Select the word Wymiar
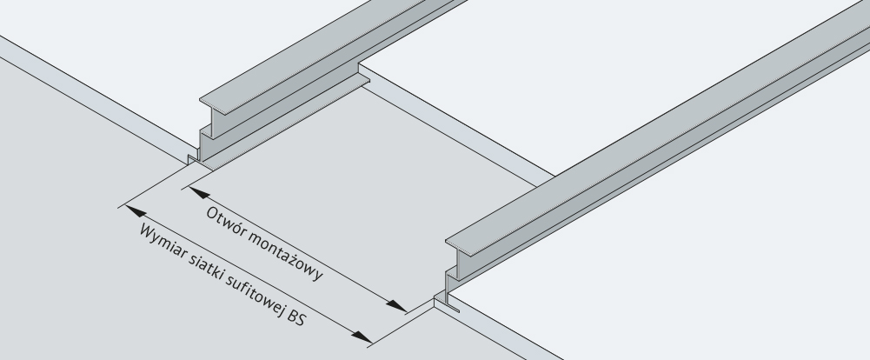pyautogui.click(x=163, y=240)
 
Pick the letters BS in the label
pyautogui.click(x=297, y=318)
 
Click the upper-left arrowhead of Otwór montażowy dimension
pyautogui.click(x=199, y=192)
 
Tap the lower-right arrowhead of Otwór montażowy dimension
pyautogui.click(x=397, y=305)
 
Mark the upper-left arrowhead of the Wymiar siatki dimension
pyautogui.click(x=136, y=210)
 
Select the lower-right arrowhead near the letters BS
pyautogui.click(x=362, y=337)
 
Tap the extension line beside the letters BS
pyautogui.click(x=401, y=327)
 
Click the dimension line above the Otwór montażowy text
pyautogui.click(x=298, y=249)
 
